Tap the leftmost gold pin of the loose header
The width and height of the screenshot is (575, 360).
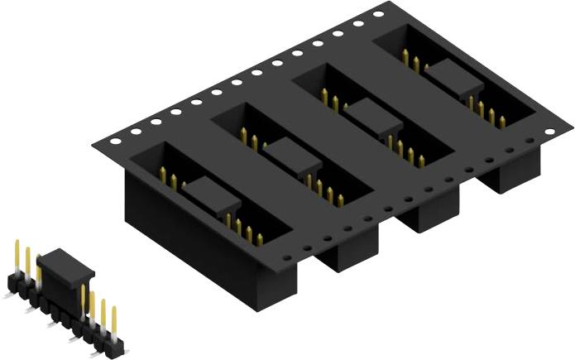pyautogui.click(x=17, y=256)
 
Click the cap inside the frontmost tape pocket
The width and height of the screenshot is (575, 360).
pyautogui.click(x=210, y=196)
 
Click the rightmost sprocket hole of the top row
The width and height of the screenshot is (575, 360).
pyautogui.click(x=378, y=14)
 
